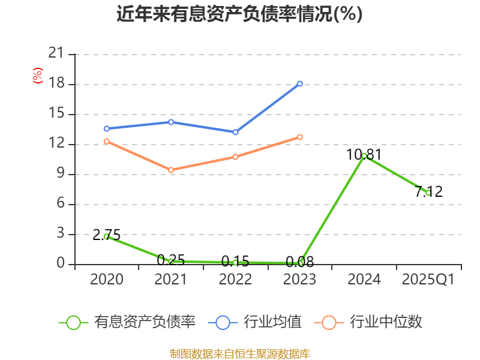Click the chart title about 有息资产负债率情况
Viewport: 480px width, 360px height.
[239, 14]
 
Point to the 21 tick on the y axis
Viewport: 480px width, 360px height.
[56, 54]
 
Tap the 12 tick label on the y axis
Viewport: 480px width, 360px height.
[56, 144]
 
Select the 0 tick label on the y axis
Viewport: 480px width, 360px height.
[60, 264]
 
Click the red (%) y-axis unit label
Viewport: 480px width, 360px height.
[37, 76]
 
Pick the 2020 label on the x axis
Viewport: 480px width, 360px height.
[107, 280]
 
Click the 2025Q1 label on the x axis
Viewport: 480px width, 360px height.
[428, 280]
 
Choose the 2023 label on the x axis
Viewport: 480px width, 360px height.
[299, 280]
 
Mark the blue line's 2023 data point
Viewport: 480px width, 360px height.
[299, 83]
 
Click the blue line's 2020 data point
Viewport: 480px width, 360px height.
[107, 128]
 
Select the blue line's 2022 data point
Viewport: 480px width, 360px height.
[235, 132]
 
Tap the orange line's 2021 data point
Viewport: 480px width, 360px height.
[171, 170]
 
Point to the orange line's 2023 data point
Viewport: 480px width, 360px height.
[299, 137]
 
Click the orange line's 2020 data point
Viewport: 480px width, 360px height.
[107, 141]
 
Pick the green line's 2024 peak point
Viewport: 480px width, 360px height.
[364, 155]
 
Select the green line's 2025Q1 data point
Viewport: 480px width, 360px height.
[428, 193]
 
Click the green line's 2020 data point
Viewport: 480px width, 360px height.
[107, 236]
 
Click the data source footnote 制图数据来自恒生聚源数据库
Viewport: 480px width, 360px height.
[239, 353]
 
